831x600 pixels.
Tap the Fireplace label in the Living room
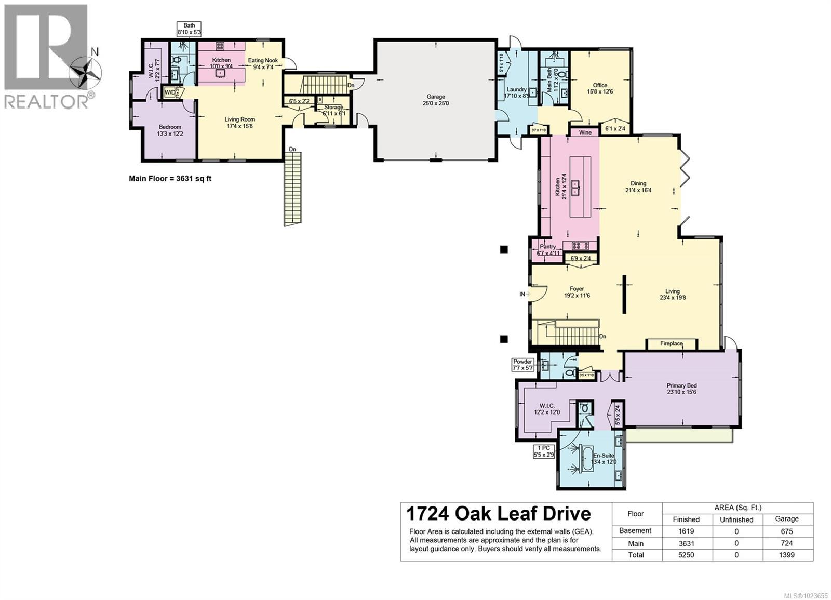[671, 344]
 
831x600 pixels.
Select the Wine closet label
[585, 132]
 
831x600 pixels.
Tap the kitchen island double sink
[575, 188]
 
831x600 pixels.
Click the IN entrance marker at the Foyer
[522, 294]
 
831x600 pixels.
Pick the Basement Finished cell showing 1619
[686, 531]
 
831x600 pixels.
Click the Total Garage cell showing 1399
[786, 555]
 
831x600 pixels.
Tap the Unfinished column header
[736, 519]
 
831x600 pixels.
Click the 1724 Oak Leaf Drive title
[498, 514]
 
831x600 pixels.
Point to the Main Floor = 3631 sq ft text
[170, 179]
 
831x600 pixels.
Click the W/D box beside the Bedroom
[170, 92]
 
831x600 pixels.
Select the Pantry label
[547, 247]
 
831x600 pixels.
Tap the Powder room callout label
[522, 365]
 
